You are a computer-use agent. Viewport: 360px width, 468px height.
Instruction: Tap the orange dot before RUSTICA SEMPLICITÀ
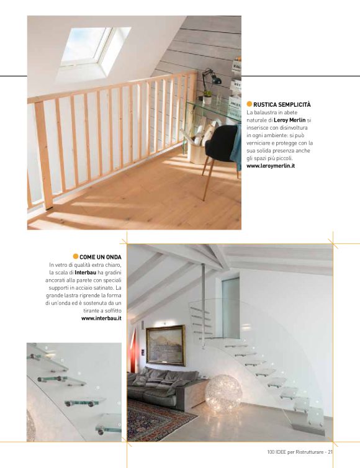pyautogui.click(x=249, y=104)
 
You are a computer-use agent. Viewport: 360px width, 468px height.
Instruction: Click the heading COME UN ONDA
pyautogui.click(x=101, y=256)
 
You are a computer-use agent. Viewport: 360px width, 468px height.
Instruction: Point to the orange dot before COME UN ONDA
pyautogui.click(x=76, y=256)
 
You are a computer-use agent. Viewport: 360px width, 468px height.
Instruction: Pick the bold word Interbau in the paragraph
pyautogui.click(x=85, y=272)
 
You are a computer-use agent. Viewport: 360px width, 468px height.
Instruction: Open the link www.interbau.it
pyautogui.click(x=101, y=318)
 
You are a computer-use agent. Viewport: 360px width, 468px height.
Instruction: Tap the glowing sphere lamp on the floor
pyautogui.click(x=223, y=394)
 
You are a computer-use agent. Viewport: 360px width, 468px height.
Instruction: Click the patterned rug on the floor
pyautogui.click(x=158, y=420)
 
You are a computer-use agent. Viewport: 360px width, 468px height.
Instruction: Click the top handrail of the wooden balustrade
pyautogui.click(x=112, y=88)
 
